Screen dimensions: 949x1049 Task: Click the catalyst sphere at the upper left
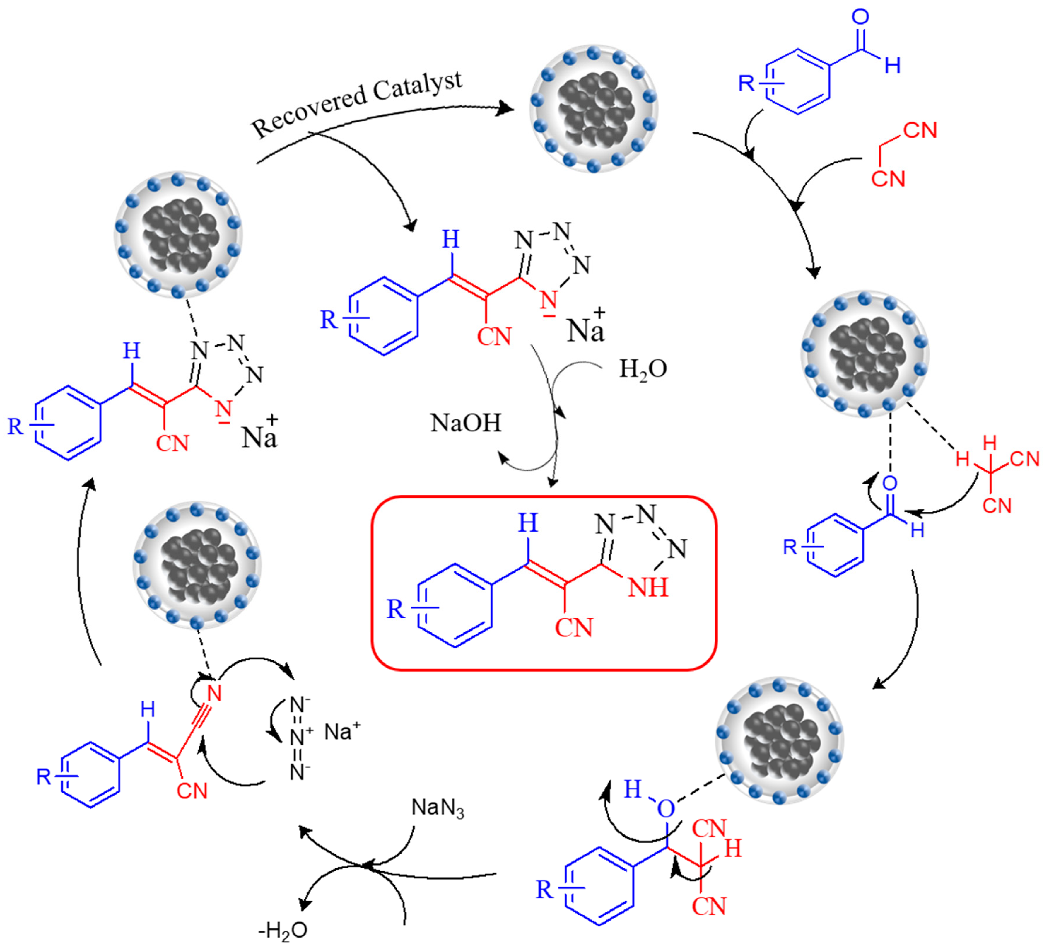(x=178, y=234)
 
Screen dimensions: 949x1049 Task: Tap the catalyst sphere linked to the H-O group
(x=780, y=740)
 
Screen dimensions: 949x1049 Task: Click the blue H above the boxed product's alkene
(x=528, y=523)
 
